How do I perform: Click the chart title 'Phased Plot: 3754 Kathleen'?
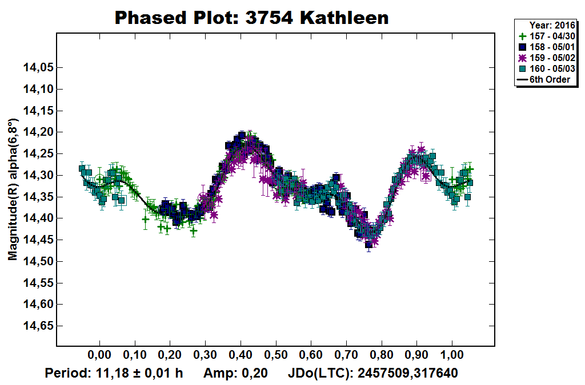[x=251, y=18]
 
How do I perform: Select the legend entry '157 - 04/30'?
[x=549, y=36]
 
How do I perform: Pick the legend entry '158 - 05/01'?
[x=549, y=47]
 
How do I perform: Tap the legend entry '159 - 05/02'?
[x=549, y=58]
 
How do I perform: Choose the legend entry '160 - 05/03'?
[x=549, y=68]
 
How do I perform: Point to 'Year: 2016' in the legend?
[x=552, y=25]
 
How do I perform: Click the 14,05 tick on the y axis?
[x=37, y=67]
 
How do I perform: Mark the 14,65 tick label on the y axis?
[x=37, y=326]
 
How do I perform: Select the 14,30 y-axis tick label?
[x=37, y=175]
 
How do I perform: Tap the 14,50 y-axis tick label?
[x=37, y=261]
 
